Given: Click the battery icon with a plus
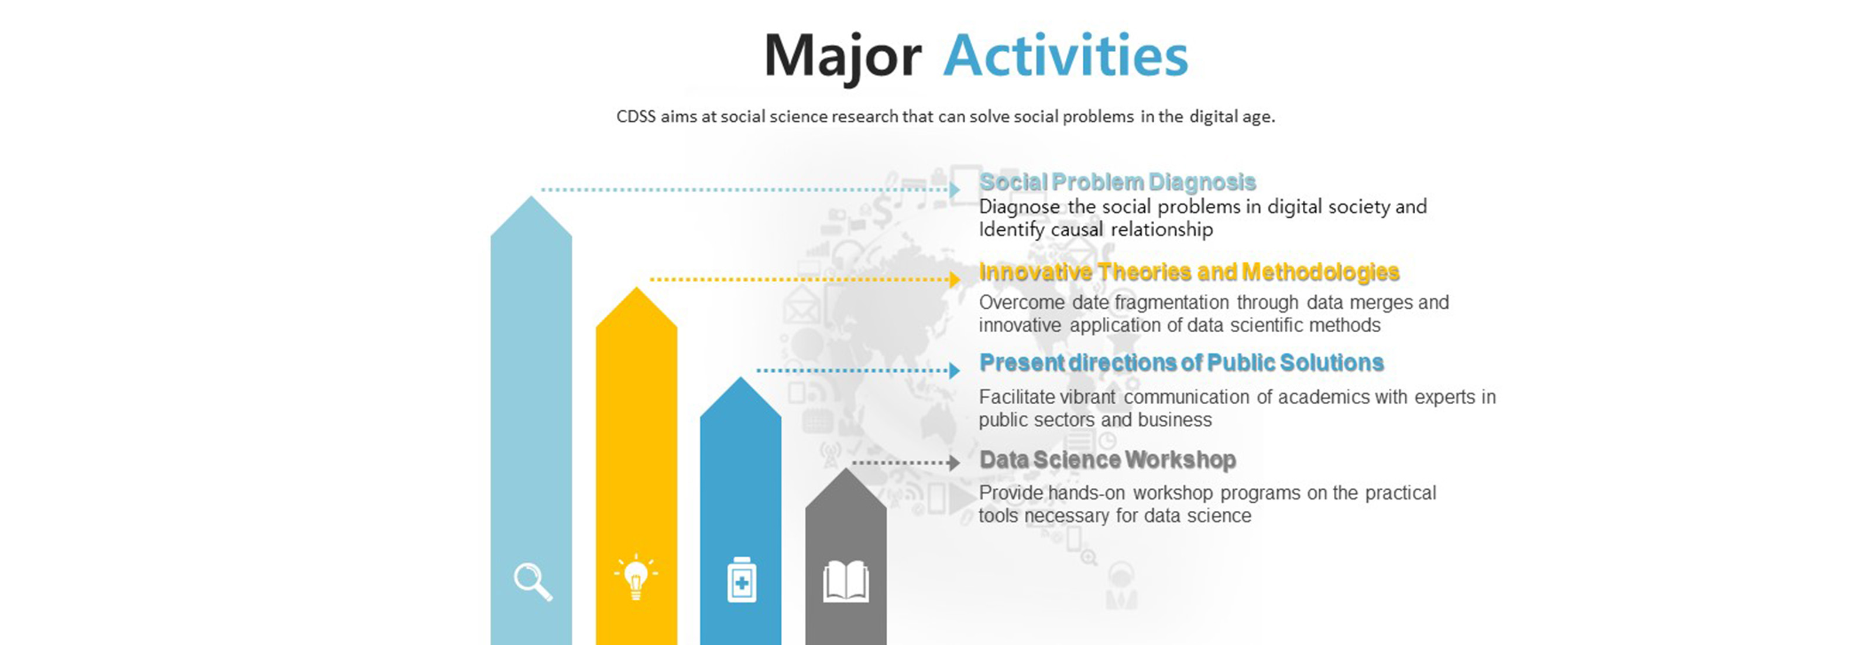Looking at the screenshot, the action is click(742, 579).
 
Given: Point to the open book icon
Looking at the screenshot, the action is click(846, 582).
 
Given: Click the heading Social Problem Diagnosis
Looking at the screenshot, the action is click(1118, 182).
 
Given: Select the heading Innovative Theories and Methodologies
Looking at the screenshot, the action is click(1189, 272).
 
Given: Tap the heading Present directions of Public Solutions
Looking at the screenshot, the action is click(1182, 363).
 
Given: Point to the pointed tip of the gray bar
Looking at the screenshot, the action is click(846, 469).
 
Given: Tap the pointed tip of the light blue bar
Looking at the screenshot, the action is click(531, 196).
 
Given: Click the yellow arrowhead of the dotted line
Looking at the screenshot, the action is click(955, 279).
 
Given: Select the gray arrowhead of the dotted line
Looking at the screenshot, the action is click(955, 463).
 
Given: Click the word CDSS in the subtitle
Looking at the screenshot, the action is click(636, 117).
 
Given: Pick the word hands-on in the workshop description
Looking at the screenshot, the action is click(1086, 493).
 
